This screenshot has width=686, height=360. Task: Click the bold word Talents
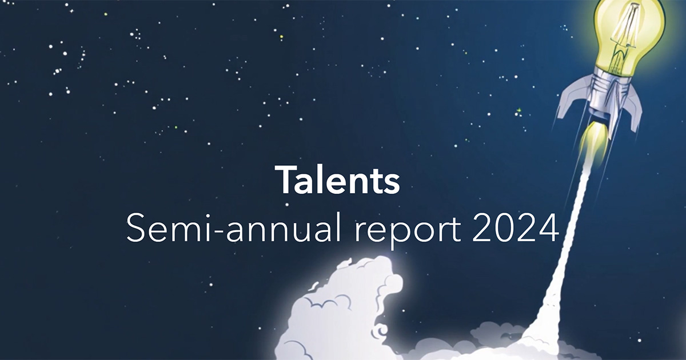click(337, 179)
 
